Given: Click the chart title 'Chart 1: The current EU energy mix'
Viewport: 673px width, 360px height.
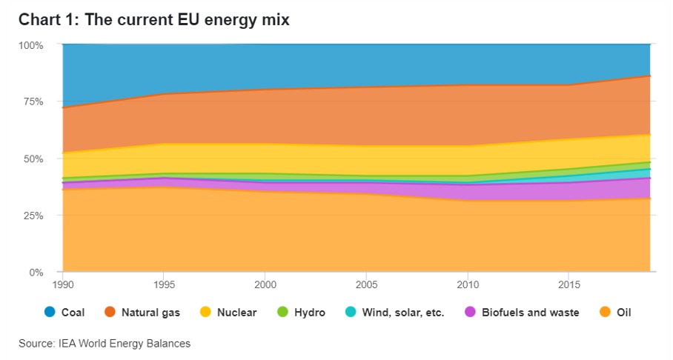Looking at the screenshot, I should [153, 20].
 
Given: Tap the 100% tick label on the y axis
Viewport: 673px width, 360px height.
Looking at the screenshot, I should [31, 44].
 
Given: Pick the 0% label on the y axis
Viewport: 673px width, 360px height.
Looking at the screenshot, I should [36, 273].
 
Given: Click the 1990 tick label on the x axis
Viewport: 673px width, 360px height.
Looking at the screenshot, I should [63, 284].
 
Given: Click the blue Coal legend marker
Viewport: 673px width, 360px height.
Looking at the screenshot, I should [50, 313].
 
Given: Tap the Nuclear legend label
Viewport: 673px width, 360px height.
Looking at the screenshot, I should [236, 313].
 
